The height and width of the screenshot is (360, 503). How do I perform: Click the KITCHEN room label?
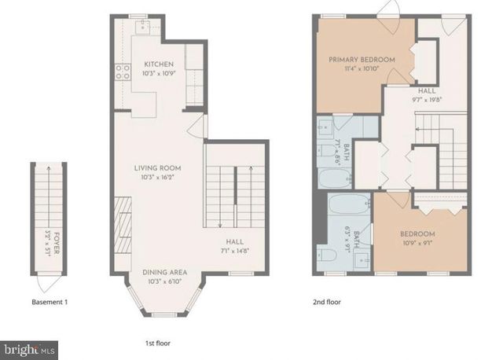pos(159,64)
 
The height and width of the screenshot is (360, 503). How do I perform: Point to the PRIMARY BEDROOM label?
pos(362,60)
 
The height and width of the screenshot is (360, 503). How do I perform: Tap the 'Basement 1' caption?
pos(50,302)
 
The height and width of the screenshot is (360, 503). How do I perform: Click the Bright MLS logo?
pos(30,347)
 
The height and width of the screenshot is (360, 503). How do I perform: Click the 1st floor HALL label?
pos(234,242)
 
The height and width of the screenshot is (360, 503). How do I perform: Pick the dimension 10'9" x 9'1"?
pos(417,244)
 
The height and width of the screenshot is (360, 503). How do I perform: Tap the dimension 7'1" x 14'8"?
pos(234,252)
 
